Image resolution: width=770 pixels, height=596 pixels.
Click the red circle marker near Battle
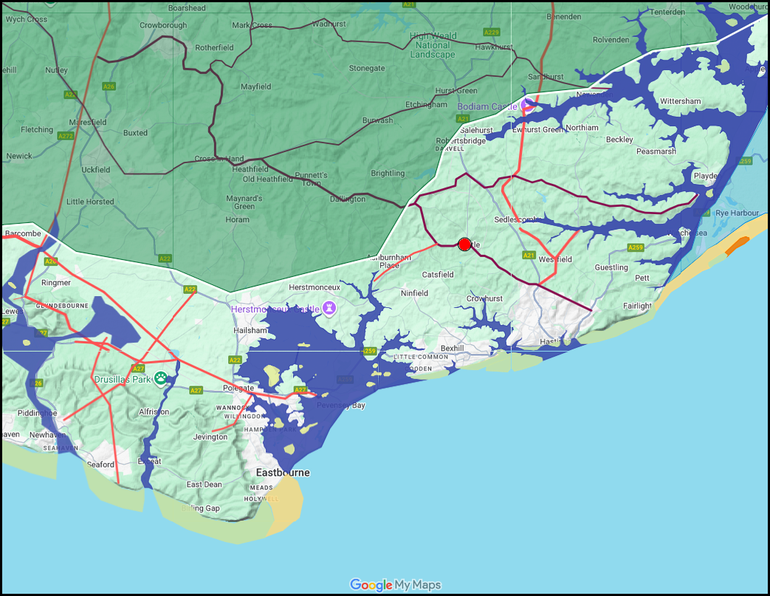[464, 244]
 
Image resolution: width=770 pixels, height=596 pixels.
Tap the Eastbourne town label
[283, 472]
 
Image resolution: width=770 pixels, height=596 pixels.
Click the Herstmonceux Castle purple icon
[329, 309]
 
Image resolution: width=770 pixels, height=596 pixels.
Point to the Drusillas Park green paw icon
[160, 379]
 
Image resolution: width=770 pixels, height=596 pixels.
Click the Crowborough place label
[163, 25]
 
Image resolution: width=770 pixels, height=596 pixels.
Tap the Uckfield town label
[96, 170]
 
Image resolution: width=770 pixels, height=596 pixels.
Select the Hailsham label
[250, 330]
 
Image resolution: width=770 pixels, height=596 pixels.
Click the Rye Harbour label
[736, 213]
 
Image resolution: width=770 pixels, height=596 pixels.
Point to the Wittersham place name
[680, 101]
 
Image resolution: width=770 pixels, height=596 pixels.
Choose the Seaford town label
[101, 465]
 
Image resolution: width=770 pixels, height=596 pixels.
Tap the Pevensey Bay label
[340, 405]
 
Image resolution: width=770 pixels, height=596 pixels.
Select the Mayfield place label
[255, 86]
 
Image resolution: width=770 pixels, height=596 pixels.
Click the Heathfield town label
[250, 169]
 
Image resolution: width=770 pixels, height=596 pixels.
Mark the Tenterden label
[667, 11]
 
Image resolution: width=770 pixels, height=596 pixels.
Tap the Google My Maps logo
[395, 585]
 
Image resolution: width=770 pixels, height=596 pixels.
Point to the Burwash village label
[377, 120]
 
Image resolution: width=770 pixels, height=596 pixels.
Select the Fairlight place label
[637, 306]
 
